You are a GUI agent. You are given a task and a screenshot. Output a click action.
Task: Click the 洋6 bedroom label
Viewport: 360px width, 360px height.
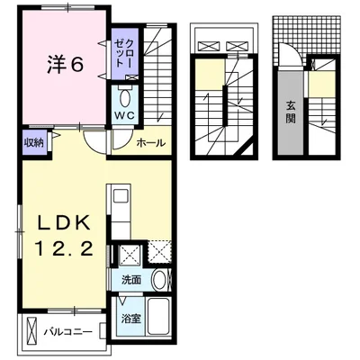(x=65, y=64)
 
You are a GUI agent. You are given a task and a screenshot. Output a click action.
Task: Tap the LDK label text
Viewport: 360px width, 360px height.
(x=64, y=222)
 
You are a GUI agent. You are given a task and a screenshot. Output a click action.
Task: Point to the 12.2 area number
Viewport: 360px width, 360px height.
(x=64, y=248)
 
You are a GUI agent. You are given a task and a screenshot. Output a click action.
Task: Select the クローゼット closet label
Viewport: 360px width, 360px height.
(x=124, y=53)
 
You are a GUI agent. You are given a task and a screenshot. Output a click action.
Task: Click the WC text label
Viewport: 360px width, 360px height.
(x=125, y=116)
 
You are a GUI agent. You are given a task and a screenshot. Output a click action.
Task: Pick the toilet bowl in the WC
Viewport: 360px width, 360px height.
(x=124, y=98)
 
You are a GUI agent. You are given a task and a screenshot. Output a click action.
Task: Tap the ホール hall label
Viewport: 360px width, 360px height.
(x=151, y=143)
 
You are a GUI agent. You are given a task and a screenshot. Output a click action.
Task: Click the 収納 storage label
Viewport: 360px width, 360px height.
(x=34, y=142)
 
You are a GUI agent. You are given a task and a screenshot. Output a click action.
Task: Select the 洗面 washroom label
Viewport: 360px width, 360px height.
(x=131, y=280)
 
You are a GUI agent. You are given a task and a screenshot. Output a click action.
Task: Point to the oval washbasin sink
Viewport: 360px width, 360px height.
(x=159, y=280)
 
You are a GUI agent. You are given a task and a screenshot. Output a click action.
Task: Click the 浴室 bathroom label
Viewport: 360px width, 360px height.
(x=131, y=319)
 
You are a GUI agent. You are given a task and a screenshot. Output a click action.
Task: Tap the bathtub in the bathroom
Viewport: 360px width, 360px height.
(x=159, y=317)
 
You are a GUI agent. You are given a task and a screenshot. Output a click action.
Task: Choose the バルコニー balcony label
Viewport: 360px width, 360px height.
(x=68, y=332)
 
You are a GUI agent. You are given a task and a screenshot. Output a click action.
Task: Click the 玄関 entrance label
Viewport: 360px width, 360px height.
(x=291, y=112)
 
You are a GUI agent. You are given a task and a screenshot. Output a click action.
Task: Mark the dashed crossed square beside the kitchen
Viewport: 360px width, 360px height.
(x=160, y=252)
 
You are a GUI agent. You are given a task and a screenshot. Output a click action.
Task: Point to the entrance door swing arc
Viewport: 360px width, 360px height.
(x=297, y=52)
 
